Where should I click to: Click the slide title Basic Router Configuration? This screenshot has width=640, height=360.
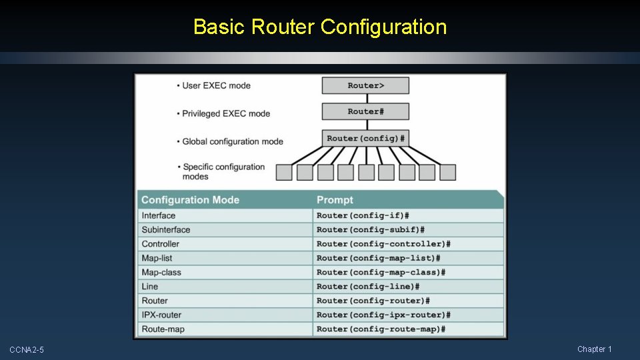pos(320,27)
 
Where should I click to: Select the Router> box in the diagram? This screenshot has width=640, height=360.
pos(365,85)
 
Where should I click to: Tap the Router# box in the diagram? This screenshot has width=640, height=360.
pos(365,111)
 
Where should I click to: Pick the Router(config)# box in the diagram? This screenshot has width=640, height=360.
pos(365,139)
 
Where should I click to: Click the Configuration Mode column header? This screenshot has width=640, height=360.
pos(190,200)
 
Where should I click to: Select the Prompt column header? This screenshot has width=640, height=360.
pos(335,200)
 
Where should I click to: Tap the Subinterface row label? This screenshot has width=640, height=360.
pos(166,230)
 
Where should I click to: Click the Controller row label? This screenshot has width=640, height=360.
pos(161,244)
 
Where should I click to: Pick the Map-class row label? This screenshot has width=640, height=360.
pos(161,273)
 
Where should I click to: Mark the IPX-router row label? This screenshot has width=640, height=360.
pos(161,315)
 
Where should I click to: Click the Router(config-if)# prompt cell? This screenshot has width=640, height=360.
pos(363,216)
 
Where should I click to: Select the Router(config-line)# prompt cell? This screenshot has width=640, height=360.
pos(368,287)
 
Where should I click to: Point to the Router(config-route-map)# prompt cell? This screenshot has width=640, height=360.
pos(381,329)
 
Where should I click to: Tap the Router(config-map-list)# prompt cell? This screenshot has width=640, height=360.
pos(378,258)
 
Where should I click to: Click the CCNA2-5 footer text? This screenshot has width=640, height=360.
pos(27,350)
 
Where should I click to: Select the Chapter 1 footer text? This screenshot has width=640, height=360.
pos(594,349)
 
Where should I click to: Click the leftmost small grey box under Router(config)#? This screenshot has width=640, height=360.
pos(284,173)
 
